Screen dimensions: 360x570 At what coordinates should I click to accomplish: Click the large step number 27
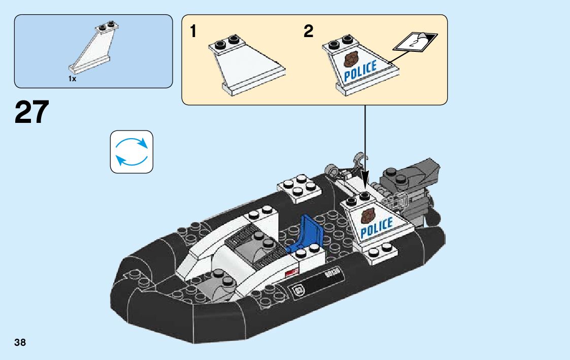coord(32,112)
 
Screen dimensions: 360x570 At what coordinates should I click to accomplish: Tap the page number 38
coord(20,343)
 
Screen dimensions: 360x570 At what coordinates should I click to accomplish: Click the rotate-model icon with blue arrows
coord(131,151)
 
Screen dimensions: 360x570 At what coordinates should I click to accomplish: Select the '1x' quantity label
coord(72,79)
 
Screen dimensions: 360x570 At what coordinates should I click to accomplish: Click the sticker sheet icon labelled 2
coord(416,42)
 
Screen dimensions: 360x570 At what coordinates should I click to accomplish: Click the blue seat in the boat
coord(309,231)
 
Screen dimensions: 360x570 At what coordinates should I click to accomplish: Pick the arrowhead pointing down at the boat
coord(364,185)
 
